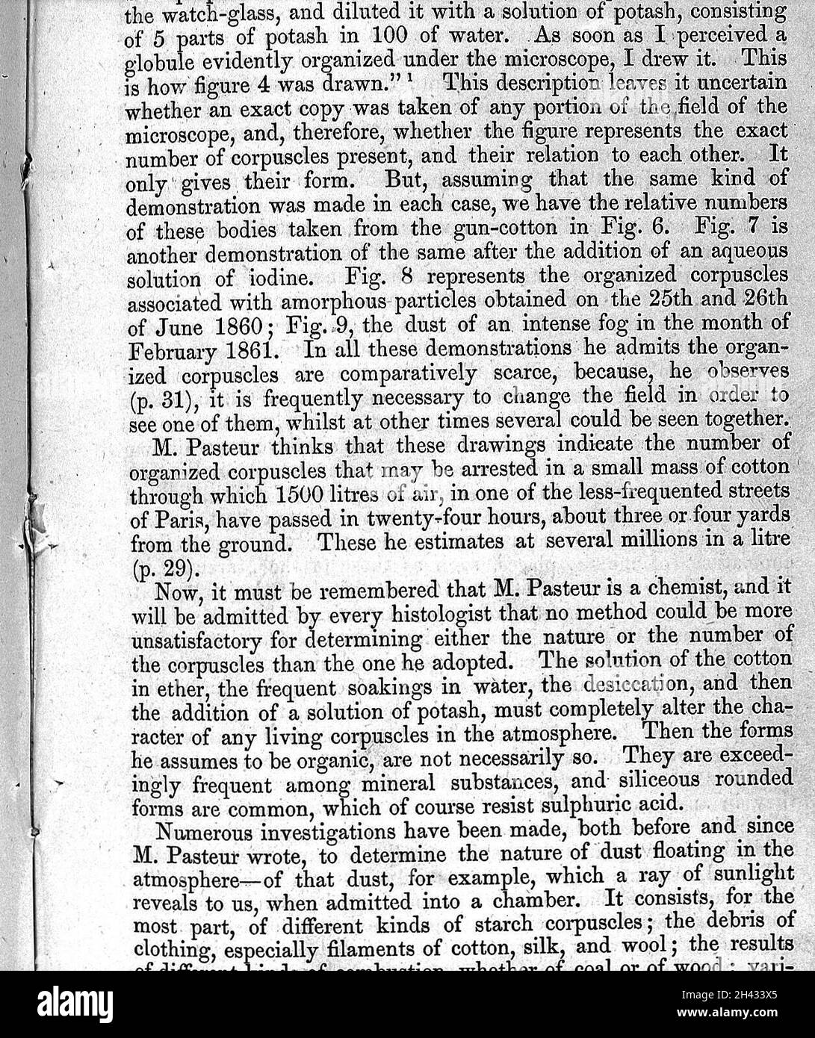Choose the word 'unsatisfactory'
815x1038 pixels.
pos(196,639)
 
